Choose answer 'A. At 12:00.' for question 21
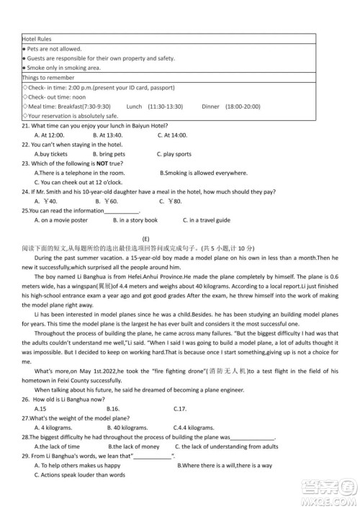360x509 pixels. point(50,135)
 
